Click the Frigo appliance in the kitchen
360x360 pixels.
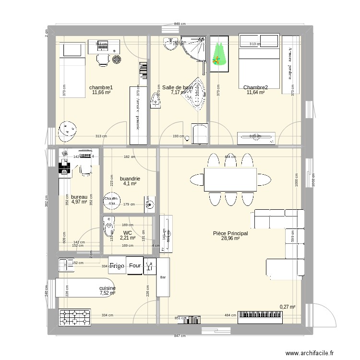pyautogui.click(x=117, y=265)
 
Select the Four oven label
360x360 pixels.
pyautogui.click(x=135, y=265)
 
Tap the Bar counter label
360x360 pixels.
pyautogui.click(x=163, y=277)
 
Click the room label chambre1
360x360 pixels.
pyautogui.click(x=101, y=87)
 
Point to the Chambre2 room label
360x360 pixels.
pyautogui.click(x=255, y=87)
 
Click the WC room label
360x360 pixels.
pyautogui.click(x=128, y=233)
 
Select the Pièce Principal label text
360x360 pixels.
pyautogui.click(x=230, y=233)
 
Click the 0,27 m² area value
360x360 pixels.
pyautogui.click(x=287, y=307)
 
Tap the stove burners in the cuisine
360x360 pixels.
pyautogui.click(x=75, y=318)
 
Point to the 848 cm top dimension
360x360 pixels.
pyautogui.click(x=180, y=24)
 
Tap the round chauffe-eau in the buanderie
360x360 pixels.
pyautogui.click(x=111, y=201)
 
